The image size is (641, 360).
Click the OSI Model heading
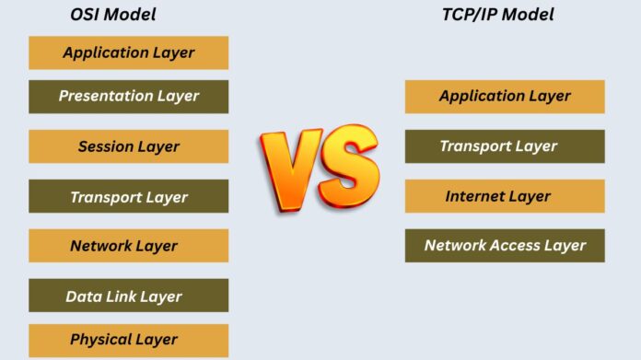(113, 14)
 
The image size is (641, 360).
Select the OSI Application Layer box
(128, 52)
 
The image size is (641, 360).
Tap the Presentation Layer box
(128, 96)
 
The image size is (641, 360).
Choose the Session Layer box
(128, 146)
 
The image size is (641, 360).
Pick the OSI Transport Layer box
(128, 197)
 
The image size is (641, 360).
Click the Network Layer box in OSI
(128, 246)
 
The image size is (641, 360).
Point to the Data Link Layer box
(128, 296)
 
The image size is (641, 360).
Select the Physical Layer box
(128, 340)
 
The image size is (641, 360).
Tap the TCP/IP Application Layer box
(505, 97)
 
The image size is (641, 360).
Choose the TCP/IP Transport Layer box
(505, 146)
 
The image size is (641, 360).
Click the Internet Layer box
(505, 196)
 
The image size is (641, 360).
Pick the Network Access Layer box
(505, 246)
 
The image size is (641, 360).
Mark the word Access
(518, 246)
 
